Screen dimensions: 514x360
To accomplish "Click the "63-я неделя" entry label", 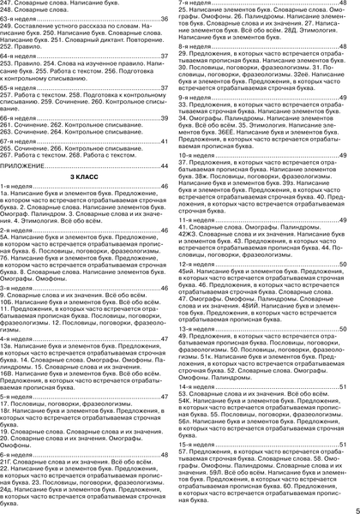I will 19,17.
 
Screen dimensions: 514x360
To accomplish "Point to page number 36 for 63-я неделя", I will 165,17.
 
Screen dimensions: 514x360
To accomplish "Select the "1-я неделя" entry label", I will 17,185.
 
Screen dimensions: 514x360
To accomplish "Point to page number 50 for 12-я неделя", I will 343,264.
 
